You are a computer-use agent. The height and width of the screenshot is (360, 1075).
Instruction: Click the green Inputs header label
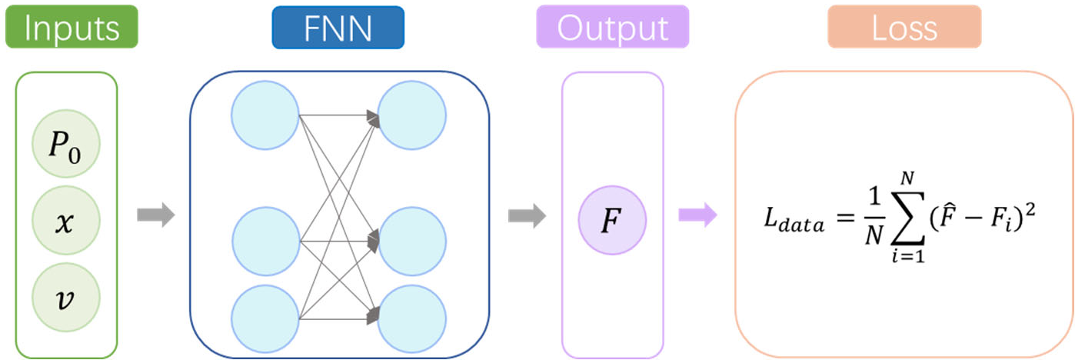pos(71,28)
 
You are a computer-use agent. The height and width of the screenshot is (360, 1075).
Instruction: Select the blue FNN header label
pos(338,28)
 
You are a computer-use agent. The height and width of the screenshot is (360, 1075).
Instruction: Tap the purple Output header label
pos(612,28)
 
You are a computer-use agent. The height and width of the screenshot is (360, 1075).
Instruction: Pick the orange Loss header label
pos(904,28)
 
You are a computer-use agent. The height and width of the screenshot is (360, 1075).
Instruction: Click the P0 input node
pos(65,143)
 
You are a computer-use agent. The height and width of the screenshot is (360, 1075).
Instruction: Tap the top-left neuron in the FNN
pos(265,115)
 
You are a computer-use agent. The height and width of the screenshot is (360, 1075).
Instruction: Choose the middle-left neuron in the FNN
pos(265,241)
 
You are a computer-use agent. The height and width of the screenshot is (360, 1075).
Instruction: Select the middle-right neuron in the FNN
pos(412,241)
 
